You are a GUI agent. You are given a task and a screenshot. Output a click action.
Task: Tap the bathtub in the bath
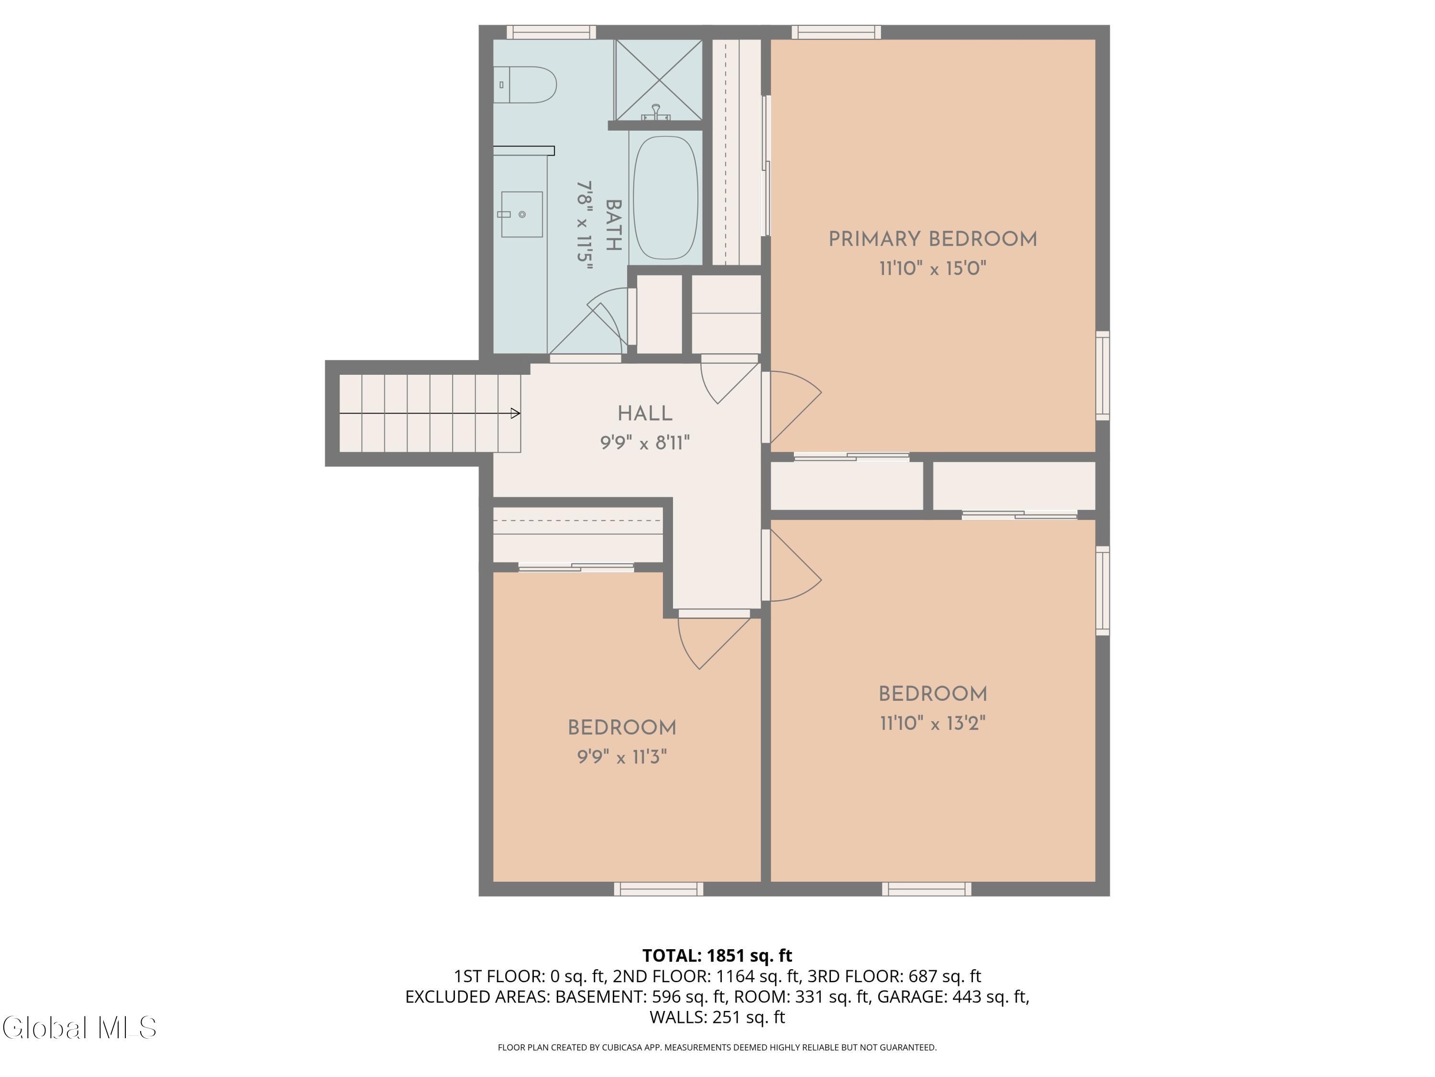[666, 198]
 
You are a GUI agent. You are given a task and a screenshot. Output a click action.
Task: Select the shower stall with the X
[659, 80]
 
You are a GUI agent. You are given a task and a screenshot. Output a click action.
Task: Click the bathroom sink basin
[521, 214]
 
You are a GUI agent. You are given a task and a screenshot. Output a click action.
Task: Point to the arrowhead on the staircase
[515, 413]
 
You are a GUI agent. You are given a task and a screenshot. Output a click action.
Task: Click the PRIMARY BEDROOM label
[933, 239]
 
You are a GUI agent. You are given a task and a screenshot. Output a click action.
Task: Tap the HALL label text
[645, 414]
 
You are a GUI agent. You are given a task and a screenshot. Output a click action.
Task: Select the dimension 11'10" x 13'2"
[933, 723]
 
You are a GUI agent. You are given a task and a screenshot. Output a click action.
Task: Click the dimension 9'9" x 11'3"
[622, 757]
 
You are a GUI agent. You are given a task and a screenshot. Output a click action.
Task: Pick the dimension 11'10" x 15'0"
[933, 268]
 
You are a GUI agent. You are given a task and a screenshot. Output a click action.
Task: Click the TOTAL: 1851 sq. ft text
[717, 955]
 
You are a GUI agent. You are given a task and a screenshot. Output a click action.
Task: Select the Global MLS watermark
[79, 1028]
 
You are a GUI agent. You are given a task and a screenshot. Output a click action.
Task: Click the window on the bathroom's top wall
[551, 32]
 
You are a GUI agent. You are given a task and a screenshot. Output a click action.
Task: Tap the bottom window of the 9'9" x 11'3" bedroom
[659, 889]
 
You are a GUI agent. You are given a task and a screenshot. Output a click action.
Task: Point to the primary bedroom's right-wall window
[1103, 376]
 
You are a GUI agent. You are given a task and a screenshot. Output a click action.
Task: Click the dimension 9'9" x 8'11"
[645, 443]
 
